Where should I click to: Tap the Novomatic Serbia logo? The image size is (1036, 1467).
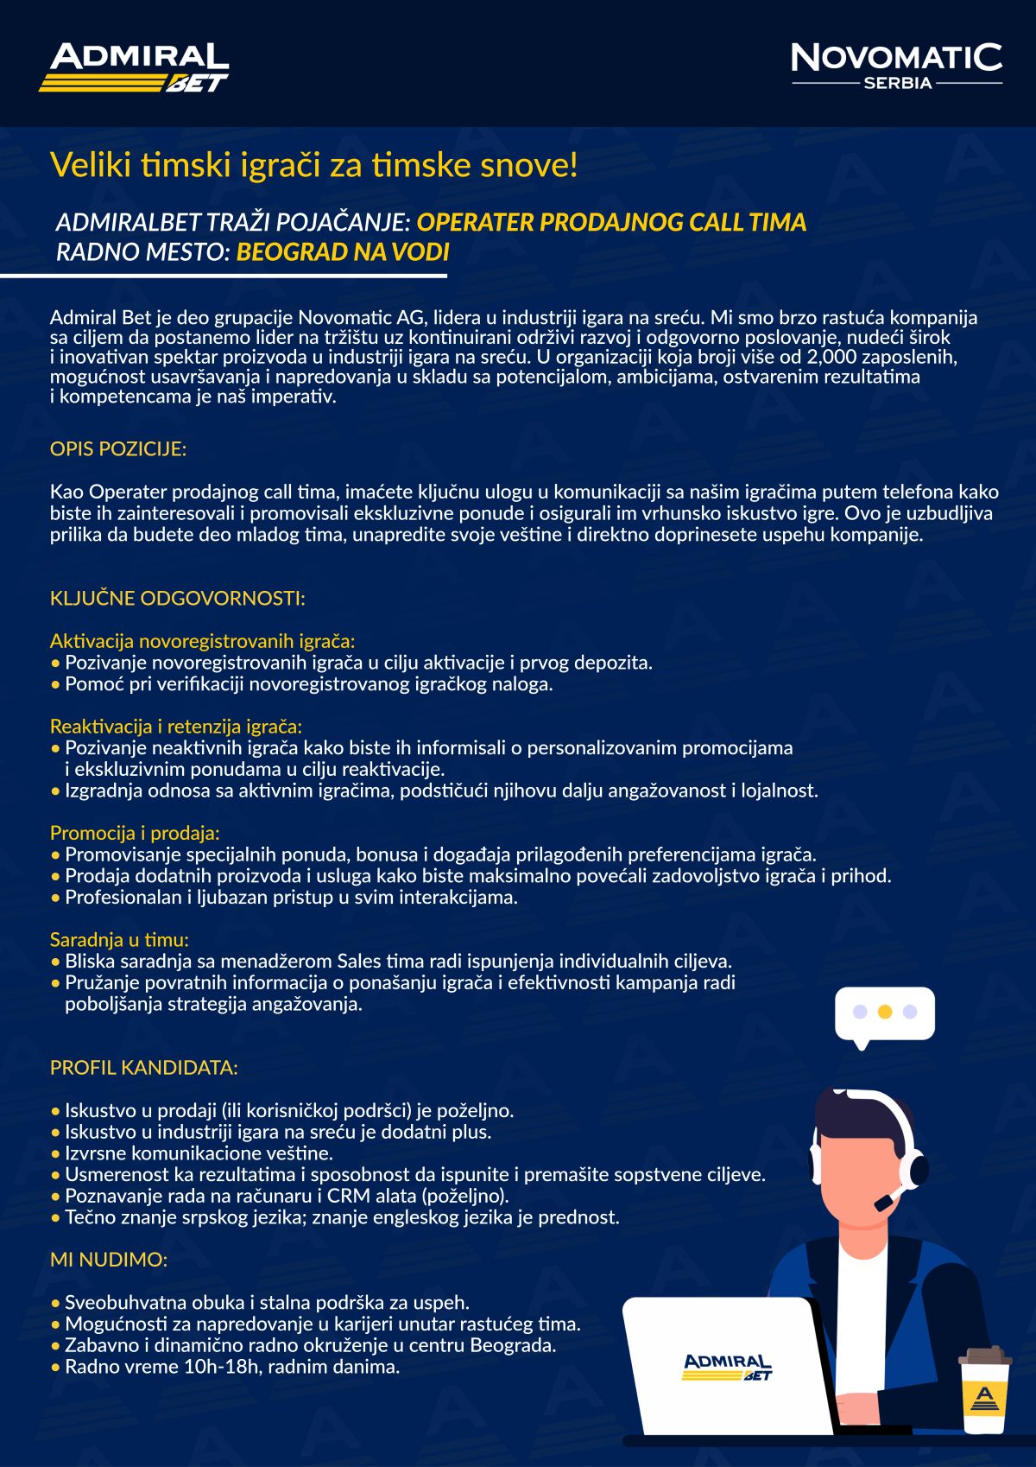(x=896, y=66)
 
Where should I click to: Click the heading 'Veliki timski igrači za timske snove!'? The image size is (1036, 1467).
(x=313, y=164)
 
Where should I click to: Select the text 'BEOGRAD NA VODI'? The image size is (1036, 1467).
(x=343, y=251)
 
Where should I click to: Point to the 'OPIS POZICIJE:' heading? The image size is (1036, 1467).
(x=118, y=448)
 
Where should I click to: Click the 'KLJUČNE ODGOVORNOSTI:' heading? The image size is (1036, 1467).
(x=177, y=598)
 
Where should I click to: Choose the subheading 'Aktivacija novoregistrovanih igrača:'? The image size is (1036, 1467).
(x=202, y=641)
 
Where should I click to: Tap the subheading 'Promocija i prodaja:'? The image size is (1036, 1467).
(x=135, y=833)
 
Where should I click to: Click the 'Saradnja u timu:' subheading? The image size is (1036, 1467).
(x=119, y=939)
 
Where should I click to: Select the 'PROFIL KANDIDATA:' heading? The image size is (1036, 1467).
(x=143, y=1067)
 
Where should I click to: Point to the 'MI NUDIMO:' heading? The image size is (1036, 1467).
(x=108, y=1259)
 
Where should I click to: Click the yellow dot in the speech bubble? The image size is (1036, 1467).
(x=884, y=1012)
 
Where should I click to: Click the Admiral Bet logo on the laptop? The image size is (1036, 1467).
(x=727, y=1367)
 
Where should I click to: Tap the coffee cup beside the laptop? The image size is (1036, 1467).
(x=984, y=1391)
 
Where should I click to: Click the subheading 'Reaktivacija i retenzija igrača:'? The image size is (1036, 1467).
(x=176, y=726)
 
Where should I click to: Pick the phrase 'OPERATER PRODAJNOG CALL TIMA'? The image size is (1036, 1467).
(x=611, y=222)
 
